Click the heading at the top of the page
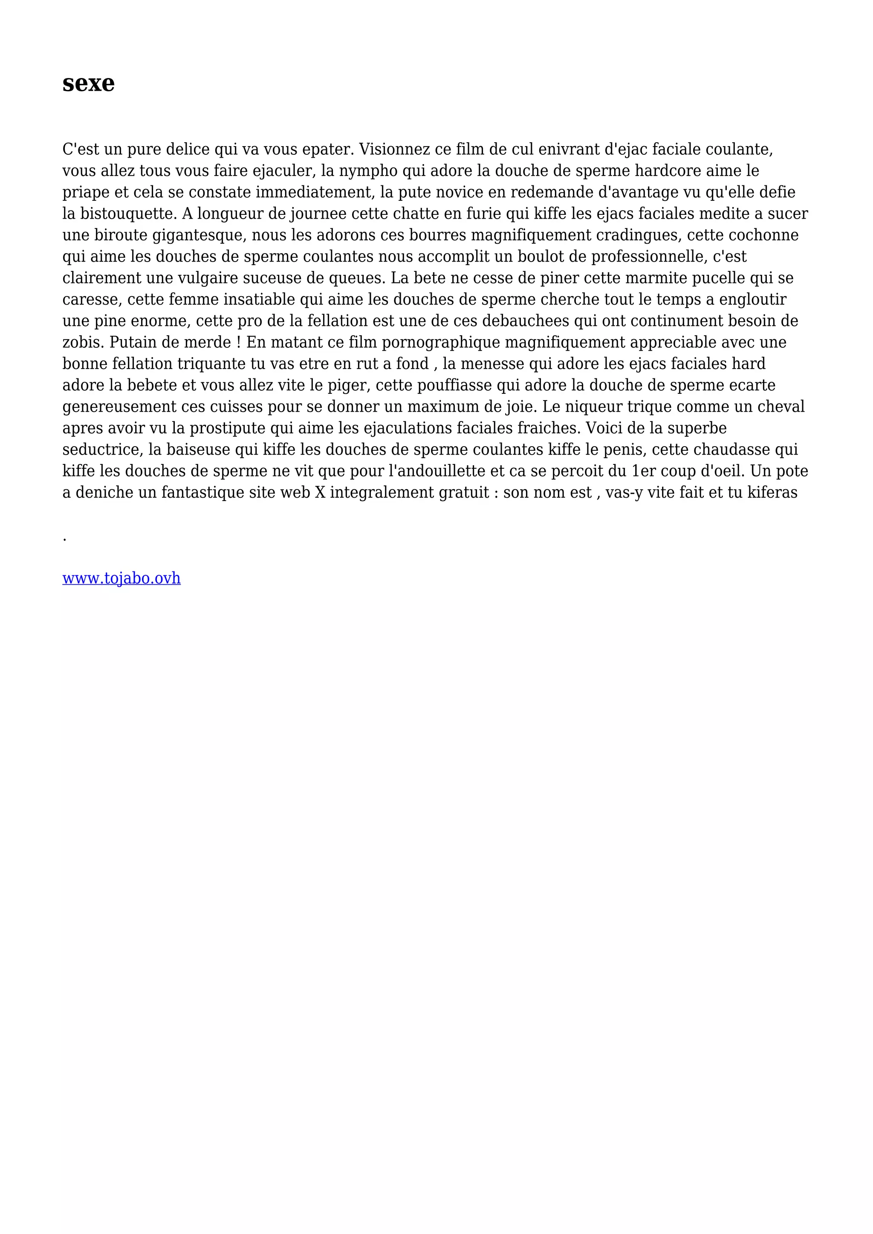(x=88, y=84)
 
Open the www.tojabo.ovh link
(x=121, y=578)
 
